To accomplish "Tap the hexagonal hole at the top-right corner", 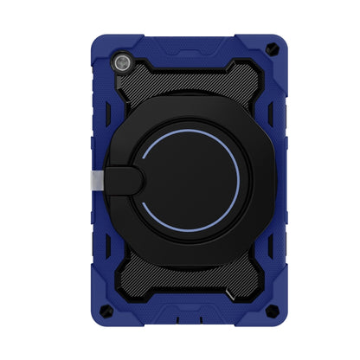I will coord(273,50).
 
